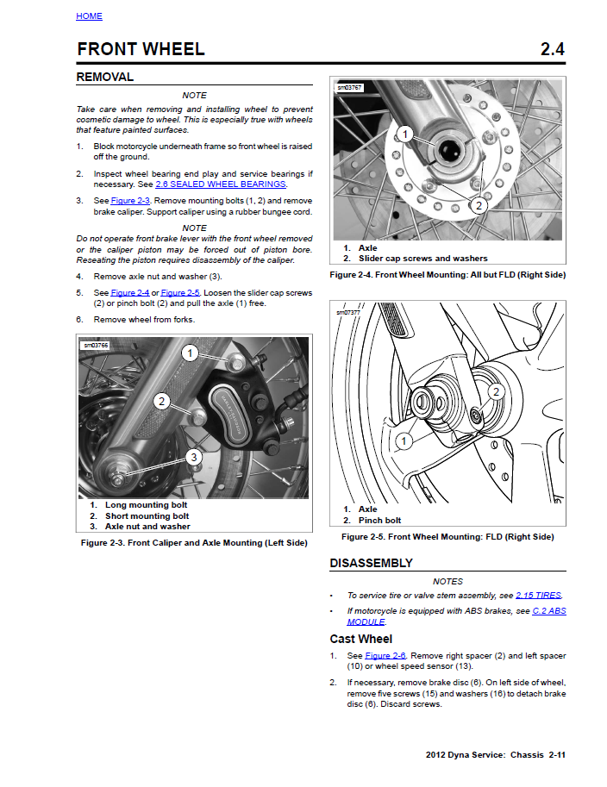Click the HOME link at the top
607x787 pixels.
(x=89, y=16)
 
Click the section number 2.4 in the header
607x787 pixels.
(x=552, y=49)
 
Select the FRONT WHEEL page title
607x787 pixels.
(x=141, y=49)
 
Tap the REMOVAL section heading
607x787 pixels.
(x=105, y=77)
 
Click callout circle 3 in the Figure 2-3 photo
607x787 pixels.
(x=195, y=457)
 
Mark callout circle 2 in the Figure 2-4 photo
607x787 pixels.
(x=479, y=205)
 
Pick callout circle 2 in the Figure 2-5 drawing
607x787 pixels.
(x=496, y=392)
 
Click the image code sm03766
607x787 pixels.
(x=96, y=346)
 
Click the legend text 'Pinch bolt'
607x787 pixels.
(x=379, y=521)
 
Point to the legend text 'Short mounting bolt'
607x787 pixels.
(x=147, y=515)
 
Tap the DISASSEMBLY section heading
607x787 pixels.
(x=371, y=563)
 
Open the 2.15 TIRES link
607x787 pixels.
(x=539, y=596)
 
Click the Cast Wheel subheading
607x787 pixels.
(x=361, y=639)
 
